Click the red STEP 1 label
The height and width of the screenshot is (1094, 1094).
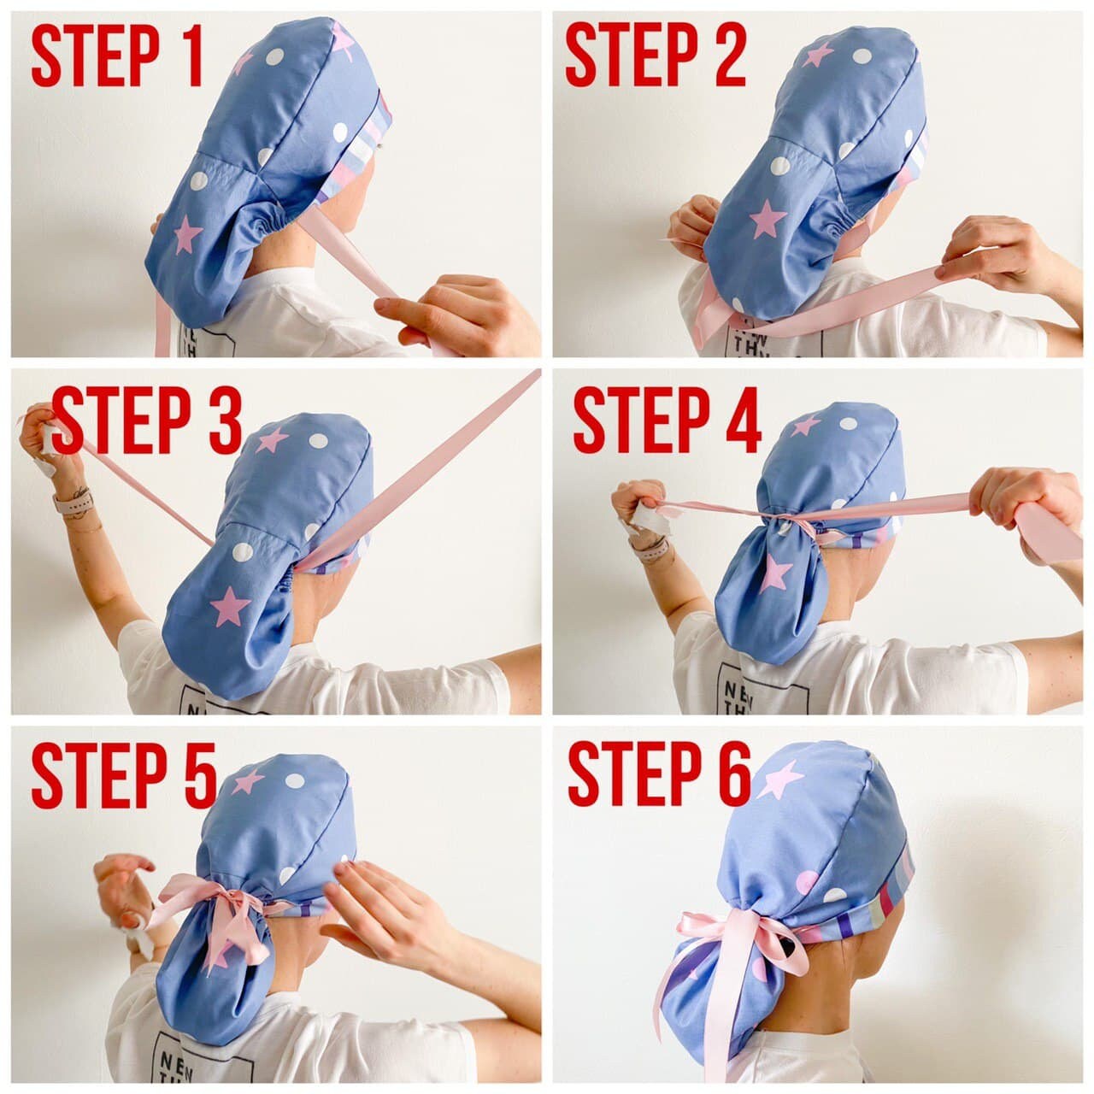[117, 56]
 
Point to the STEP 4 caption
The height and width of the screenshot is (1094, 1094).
[667, 423]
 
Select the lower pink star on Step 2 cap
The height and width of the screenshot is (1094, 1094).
[768, 221]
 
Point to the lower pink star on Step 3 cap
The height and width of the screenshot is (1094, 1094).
[229, 606]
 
